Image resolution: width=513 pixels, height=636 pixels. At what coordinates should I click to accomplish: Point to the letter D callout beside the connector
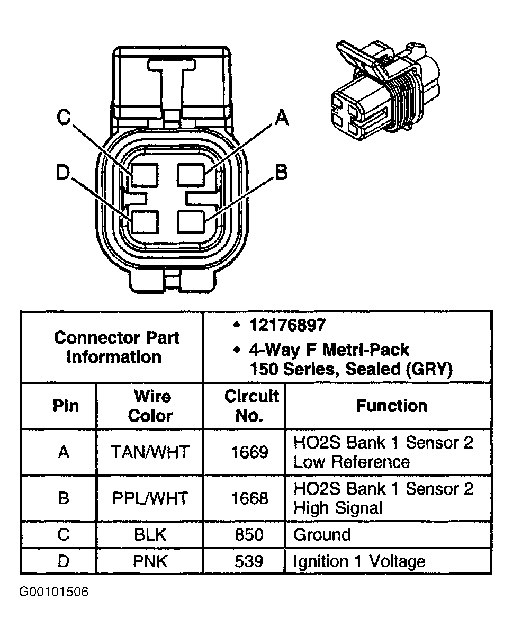pyautogui.click(x=63, y=173)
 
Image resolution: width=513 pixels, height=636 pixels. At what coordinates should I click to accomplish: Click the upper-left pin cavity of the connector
pyautogui.click(x=145, y=175)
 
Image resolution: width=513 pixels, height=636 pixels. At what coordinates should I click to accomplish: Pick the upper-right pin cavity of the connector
pyautogui.click(x=191, y=175)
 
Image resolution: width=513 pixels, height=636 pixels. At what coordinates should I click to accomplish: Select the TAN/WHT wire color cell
pyautogui.click(x=150, y=452)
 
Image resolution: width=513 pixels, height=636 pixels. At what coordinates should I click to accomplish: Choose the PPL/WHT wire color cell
pyautogui.click(x=150, y=498)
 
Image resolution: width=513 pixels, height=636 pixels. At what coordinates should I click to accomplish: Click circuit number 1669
pyautogui.click(x=249, y=452)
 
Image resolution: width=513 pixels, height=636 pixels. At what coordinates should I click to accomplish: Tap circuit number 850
pyautogui.click(x=249, y=534)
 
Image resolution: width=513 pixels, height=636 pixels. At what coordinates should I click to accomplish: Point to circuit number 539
pyautogui.click(x=249, y=561)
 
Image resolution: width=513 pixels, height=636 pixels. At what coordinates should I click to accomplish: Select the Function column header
pyautogui.click(x=391, y=406)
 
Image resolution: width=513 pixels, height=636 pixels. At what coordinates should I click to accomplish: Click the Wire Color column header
pyautogui.click(x=150, y=406)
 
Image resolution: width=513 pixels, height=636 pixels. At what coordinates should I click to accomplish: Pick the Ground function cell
pyautogui.click(x=322, y=534)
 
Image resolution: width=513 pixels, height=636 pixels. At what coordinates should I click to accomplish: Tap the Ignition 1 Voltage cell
pyautogui.click(x=359, y=561)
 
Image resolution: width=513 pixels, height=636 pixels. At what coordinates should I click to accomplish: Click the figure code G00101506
pyautogui.click(x=54, y=592)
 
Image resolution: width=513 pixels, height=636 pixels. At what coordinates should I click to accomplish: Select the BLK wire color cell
pyautogui.click(x=150, y=534)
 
